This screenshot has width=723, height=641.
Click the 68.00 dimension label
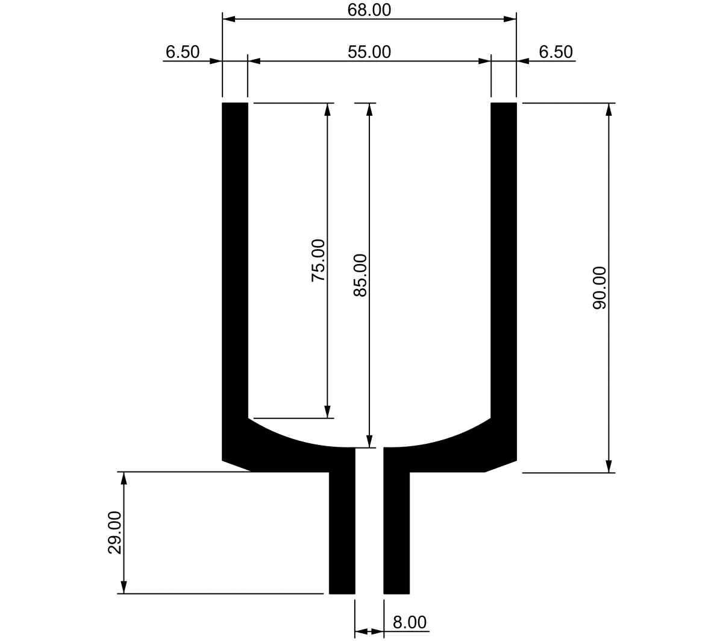click(369, 10)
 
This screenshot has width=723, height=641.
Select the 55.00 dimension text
click(369, 52)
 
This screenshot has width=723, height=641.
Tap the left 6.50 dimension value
click(183, 52)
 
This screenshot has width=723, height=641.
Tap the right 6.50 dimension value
click(556, 52)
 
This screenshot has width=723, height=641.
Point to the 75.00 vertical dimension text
click(318, 261)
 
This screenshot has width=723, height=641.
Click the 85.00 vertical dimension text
click(360, 276)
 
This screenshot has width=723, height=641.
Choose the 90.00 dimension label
click(599, 288)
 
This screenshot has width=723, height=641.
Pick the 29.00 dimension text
click(114, 533)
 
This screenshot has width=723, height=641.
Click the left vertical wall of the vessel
click(235, 261)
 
